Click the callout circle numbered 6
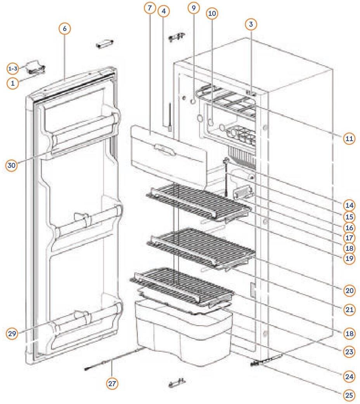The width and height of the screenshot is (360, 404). (x=65, y=28)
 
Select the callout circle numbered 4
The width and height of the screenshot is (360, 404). (x=164, y=11)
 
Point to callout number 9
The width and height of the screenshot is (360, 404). (x=194, y=7)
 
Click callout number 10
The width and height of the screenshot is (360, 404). (x=212, y=14)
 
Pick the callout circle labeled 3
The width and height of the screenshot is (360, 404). (x=251, y=24)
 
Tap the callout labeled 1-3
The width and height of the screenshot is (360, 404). (x=13, y=69)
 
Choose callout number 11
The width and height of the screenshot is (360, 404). (x=350, y=138)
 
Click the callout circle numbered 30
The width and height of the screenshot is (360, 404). (x=12, y=165)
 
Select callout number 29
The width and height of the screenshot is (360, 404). (x=12, y=333)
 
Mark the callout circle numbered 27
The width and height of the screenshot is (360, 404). (x=112, y=383)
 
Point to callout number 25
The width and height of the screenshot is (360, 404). (x=349, y=395)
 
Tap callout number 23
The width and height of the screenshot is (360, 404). (x=349, y=352)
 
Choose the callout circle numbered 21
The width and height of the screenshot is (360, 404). (x=349, y=309)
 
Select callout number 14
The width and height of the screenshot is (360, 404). (x=349, y=205)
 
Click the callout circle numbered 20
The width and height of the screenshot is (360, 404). (x=349, y=290)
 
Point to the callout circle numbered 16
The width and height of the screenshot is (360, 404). (x=349, y=228)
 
